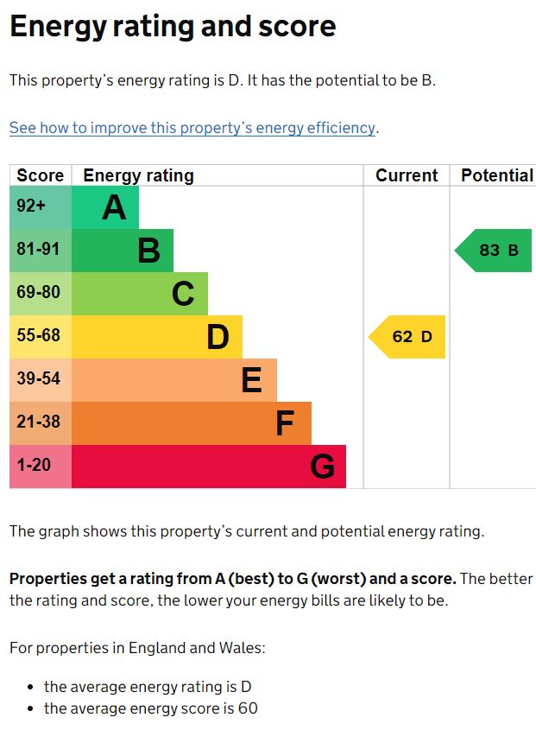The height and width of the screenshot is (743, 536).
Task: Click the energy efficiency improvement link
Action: tap(192, 128)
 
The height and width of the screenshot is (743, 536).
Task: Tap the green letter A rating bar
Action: tap(105, 207)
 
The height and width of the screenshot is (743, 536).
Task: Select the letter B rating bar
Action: tap(123, 251)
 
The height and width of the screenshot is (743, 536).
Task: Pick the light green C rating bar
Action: tap(140, 294)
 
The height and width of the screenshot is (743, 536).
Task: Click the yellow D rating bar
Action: tap(157, 337)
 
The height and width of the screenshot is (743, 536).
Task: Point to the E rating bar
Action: tap(174, 380)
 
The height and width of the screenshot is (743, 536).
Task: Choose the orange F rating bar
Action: tap(192, 423)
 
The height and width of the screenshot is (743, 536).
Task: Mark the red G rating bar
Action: tap(209, 467)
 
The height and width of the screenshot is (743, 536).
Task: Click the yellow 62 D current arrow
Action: tap(408, 337)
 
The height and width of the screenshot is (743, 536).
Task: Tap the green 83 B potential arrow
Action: tap(495, 251)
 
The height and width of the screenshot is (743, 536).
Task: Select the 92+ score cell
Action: tap(41, 207)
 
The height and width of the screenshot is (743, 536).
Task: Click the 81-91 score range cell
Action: tap(41, 251)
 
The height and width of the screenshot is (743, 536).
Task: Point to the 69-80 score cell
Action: tap(41, 294)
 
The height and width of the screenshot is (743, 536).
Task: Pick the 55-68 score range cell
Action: tap(41, 337)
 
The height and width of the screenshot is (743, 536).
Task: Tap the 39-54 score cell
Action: tap(41, 380)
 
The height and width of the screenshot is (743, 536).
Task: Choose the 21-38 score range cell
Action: tap(41, 423)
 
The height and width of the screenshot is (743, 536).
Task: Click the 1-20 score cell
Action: tap(41, 467)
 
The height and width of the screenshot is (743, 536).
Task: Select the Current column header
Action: tap(407, 175)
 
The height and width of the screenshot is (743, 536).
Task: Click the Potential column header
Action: tap(496, 175)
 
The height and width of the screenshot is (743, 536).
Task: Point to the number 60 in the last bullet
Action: tap(249, 709)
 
